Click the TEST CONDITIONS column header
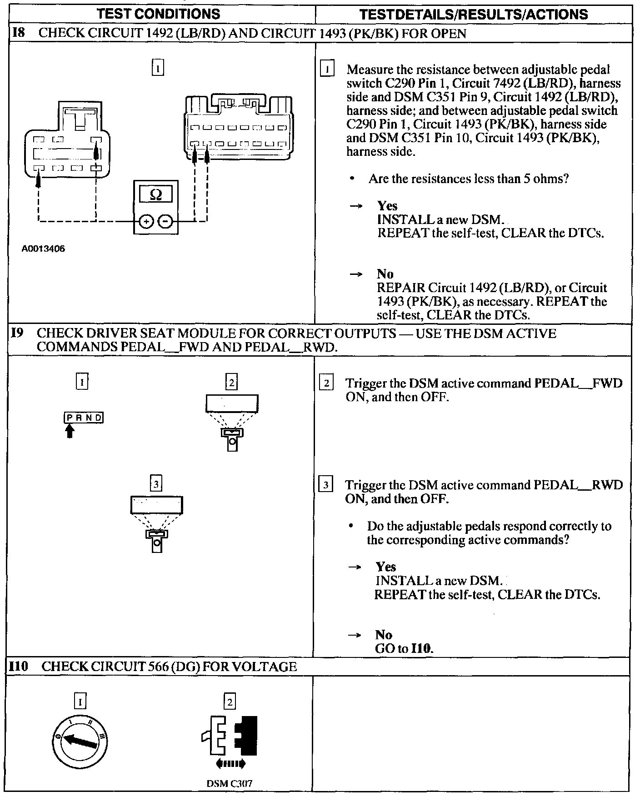point(159,14)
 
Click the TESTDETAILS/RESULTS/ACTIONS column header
point(473,15)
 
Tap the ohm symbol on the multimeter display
point(155,195)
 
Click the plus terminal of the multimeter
point(146,222)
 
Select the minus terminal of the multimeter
point(166,222)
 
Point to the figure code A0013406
point(43,249)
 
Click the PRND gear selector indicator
point(84,418)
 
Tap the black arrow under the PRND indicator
point(69,430)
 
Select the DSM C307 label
point(230,783)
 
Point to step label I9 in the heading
point(17,333)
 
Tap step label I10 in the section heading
point(19,667)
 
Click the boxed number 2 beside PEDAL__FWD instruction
point(326,383)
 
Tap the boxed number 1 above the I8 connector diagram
point(157,68)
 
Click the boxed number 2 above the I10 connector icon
point(230,702)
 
